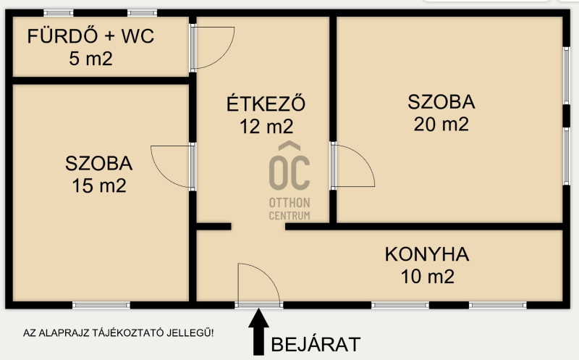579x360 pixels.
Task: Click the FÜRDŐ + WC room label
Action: click(x=90, y=35)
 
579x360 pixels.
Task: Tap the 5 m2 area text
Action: click(x=91, y=59)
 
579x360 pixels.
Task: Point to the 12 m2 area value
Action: click(x=266, y=127)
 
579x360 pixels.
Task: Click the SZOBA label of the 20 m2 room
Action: click(x=441, y=102)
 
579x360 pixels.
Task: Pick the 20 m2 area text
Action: click(x=441, y=124)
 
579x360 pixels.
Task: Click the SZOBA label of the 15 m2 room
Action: click(x=99, y=164)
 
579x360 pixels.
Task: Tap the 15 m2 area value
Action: click(x=99, y=185)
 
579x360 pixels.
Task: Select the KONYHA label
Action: click(x=427, y=254)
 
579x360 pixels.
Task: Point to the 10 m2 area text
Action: click(x=428, y=277)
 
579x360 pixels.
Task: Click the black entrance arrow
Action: click(x=258, y=332)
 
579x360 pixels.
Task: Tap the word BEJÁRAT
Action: click(x=316, y=345)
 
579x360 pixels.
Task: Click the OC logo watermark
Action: click(x=289, y=166)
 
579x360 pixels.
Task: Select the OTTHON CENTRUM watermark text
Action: click(x=289, y=209)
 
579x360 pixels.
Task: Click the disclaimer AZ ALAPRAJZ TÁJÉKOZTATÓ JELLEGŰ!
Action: click(x=118, y=332)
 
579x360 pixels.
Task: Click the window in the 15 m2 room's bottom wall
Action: click(x=101, y=305)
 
